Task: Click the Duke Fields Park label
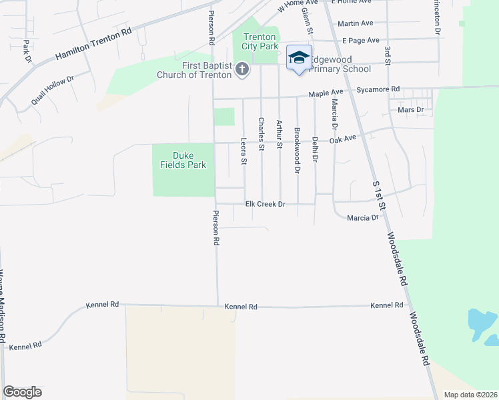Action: point(183,160)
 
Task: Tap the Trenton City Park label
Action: point(260,42)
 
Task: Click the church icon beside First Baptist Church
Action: point(241,69)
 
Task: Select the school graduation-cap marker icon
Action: point(300,58)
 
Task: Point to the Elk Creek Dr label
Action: point(265,204)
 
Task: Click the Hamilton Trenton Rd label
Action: point(93,45)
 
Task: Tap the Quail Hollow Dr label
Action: point(52,90)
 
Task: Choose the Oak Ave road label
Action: point(344,139)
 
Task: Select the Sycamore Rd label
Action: point(378,89)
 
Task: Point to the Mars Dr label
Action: point(410,109)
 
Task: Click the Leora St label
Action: point(243,151)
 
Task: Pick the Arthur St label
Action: point(280,133)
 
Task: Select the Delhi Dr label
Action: point(315,149)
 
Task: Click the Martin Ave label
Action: point(354,23)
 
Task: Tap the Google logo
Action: point(22,392)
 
